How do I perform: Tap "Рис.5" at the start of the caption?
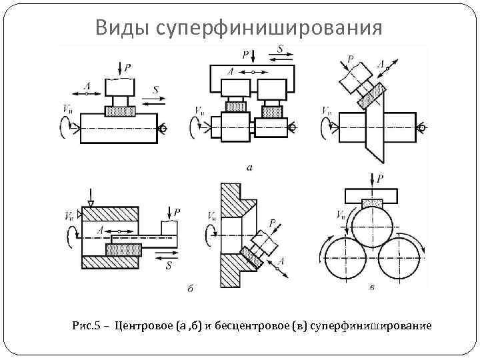86,326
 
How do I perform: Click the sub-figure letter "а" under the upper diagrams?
249,168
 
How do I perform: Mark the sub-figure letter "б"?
191,288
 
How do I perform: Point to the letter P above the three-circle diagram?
379,179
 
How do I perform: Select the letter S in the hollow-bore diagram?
169,266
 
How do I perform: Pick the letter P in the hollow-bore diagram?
176,212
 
